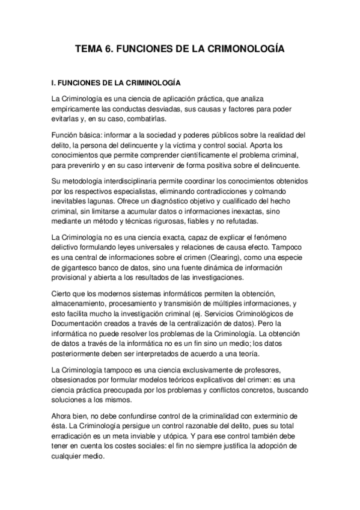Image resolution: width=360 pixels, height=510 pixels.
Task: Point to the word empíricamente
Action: [x=77, y=108]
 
